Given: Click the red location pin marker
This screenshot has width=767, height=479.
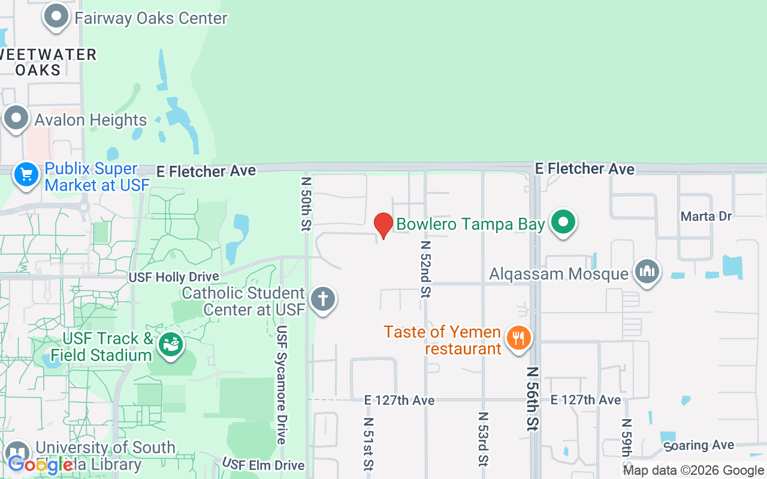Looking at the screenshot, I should (383, 225).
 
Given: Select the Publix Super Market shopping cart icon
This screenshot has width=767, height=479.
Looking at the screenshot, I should (26, 175).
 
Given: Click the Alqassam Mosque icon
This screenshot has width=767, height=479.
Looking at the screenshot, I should (647, 272).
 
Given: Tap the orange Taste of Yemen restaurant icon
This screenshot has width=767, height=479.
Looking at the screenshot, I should (518, 338).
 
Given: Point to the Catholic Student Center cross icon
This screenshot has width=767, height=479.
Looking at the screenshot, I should (323, 298).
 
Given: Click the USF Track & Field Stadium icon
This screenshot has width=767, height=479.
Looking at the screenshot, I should (170, 345).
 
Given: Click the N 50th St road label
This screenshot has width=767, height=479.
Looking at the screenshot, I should (306, 204).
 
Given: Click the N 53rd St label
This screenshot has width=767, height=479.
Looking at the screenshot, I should (482, 439).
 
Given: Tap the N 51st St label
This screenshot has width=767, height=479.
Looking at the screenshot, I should (368, 444).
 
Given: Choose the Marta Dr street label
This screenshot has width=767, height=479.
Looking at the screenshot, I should (707, 216).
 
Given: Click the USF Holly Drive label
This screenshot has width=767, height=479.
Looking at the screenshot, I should (174, 277).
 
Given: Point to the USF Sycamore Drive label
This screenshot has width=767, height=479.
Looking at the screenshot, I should (282, 385).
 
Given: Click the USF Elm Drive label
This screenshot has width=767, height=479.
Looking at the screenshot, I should (264, 465).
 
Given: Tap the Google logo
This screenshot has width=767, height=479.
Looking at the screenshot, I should (40, 464).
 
